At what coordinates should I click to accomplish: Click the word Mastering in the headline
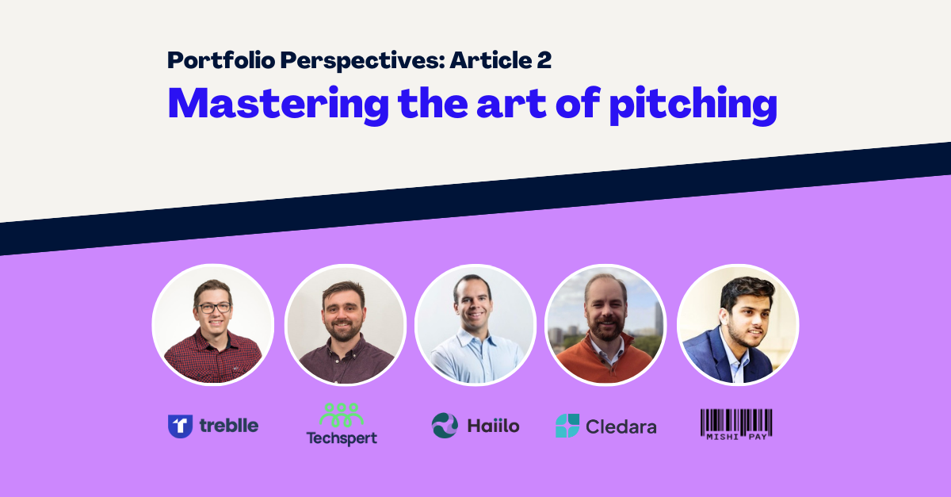coord(278,105)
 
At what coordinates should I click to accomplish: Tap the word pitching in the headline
coord(693,105)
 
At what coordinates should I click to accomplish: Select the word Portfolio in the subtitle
coord(221,60)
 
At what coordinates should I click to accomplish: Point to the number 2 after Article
coord(544,60)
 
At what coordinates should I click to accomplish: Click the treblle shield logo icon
coord(181,426)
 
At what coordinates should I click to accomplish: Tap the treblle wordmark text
coord(229,425)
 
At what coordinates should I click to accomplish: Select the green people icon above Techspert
coord(342,415)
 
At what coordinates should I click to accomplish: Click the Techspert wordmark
coord(342,438)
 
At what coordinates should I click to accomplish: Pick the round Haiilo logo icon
coord(445,425)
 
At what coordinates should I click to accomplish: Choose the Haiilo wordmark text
coord(493,426)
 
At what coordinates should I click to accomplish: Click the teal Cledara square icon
coord(567,426)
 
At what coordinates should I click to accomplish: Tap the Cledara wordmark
coord(621,426)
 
